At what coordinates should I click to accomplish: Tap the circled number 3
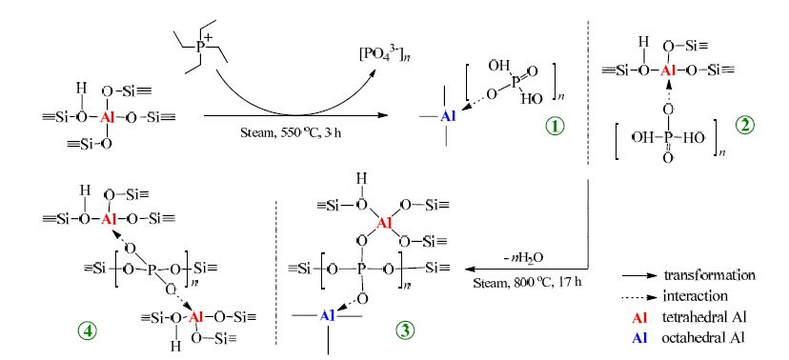coord(404,330)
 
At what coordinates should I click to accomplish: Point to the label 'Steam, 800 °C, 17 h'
coord(527,282)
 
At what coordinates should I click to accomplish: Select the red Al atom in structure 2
coord(668,70)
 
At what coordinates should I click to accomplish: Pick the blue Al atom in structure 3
coord(328,315)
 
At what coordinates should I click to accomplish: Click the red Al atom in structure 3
coord(384,223)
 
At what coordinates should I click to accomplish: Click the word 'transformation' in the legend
coord(710,275)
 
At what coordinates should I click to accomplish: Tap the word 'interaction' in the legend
coord(696,295)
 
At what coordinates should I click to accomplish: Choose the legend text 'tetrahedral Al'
coord(700,317)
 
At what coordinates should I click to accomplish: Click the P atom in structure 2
coord(668,137)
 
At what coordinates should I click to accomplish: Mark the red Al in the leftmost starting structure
coord(107,118)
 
